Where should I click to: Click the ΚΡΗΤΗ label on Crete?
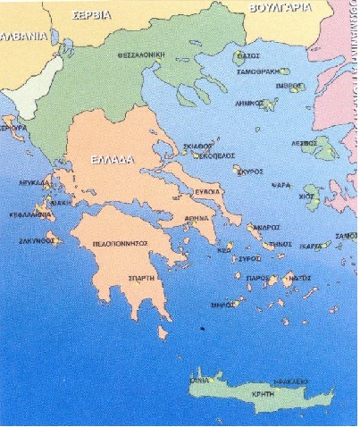pyautogui.click(x=285, y=394)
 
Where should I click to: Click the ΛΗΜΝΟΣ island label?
pyautogui.click(x=247, y=104)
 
